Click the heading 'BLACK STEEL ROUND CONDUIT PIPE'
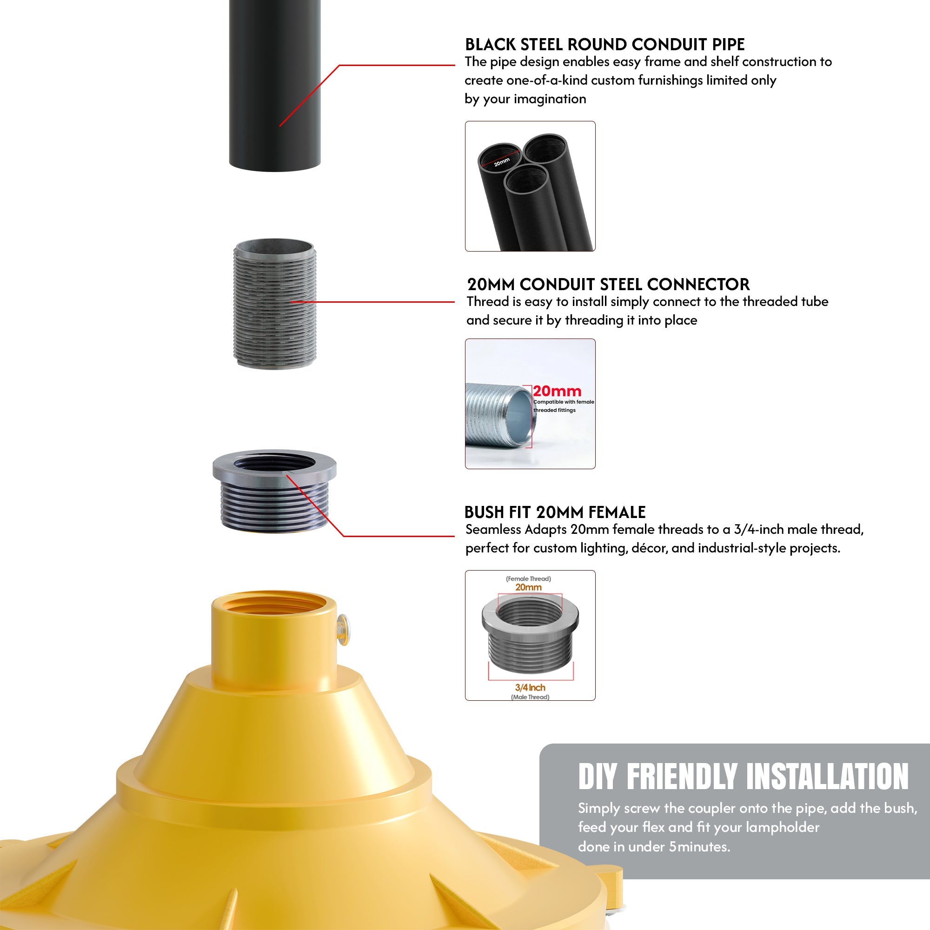click(x=604, y=45)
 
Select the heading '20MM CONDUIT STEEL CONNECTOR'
click(x=608, y=285)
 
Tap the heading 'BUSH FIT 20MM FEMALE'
click(x=555, y=512)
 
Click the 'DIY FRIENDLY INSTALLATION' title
click(x=743, y=777)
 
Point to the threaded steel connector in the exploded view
click(x=274, y=304)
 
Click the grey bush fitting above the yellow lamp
click(x=274, y=491)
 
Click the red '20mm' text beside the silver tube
click(x=557, y=392)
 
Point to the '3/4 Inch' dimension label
click(x=530, y=687)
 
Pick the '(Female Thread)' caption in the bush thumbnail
click(x=528, y=578)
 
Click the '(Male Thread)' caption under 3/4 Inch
click(x=530, y=697)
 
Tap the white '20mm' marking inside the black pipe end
click(x=502, y=162)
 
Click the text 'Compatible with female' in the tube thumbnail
click(x=563, y=402)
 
